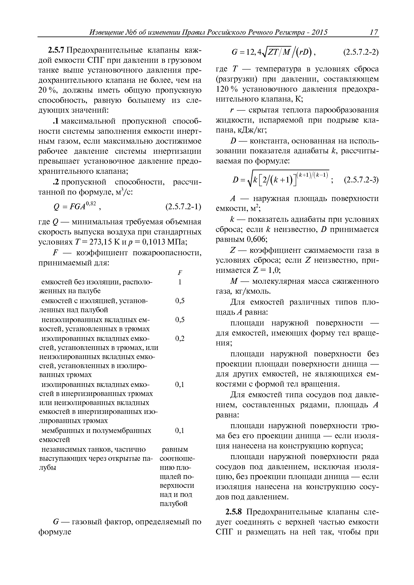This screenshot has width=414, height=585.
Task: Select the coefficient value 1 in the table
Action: [180, 282]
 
